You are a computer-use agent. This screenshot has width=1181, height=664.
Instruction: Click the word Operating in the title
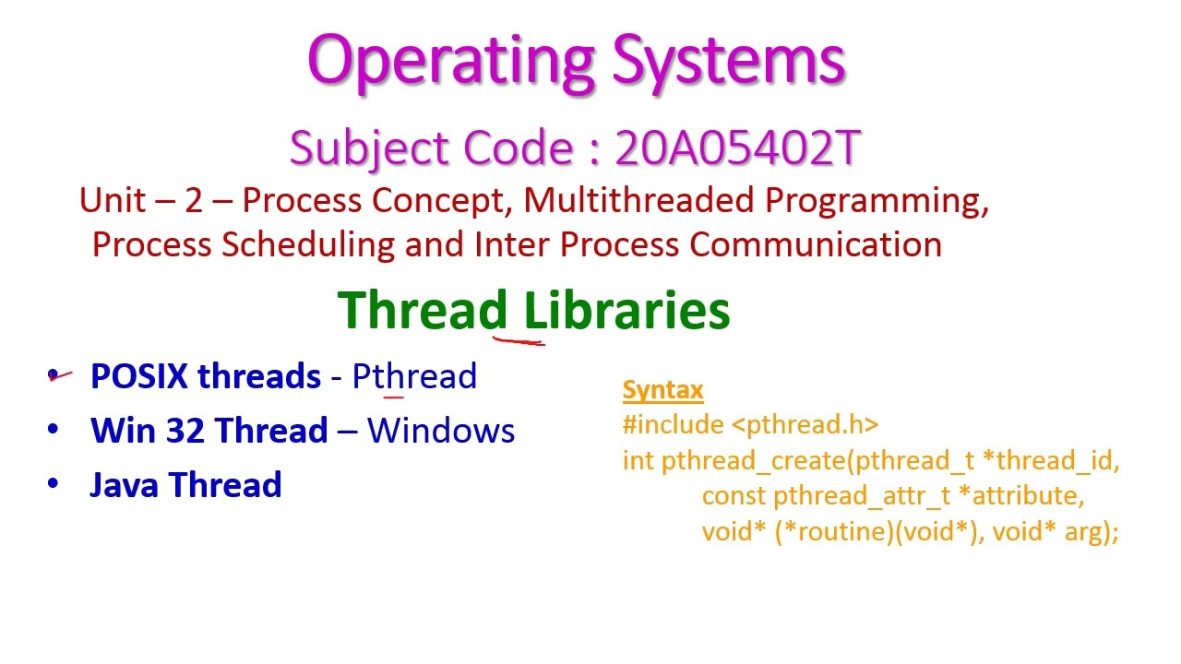pos(451,61)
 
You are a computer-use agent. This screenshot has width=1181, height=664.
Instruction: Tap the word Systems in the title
pos(729,61)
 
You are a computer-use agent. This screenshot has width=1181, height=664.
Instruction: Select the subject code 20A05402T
pos(738,148)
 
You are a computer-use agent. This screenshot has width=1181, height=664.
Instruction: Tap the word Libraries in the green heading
pos(627,310)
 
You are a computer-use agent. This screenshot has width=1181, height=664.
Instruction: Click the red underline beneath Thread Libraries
pos(519,340)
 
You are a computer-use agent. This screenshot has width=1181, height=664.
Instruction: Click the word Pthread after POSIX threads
pos(414,376)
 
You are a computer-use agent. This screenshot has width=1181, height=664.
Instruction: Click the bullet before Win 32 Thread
pos(53,430)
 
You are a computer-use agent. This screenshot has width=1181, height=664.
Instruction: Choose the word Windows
pos(441,431)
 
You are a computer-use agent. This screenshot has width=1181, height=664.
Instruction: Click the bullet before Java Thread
pos(53,484)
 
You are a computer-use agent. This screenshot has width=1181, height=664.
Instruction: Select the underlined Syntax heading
pos(662,390)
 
